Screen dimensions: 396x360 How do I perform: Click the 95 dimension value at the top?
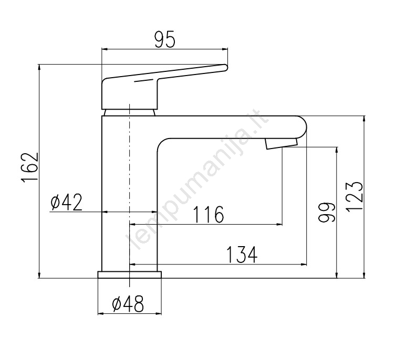click(164, 40)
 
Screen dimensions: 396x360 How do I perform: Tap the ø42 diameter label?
click(66, 203)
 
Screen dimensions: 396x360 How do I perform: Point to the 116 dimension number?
click(209, 215)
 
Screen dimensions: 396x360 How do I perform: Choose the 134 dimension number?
click(242, 255)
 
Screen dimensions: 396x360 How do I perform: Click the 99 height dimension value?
click(327, 212)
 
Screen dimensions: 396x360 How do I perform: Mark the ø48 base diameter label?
click(128, 303)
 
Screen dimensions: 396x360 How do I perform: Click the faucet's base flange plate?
click(129, 275)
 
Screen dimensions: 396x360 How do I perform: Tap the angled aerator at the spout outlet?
click(282, 143)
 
